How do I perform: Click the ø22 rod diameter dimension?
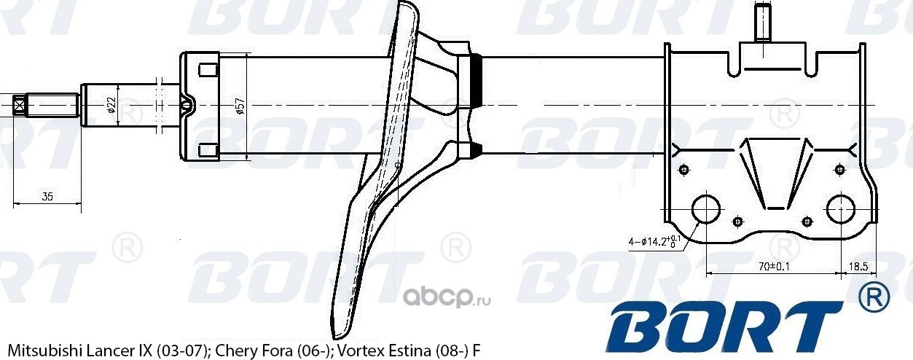coord(111,105)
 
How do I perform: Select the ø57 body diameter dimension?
coord(240,106)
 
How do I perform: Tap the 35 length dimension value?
coord(47,197)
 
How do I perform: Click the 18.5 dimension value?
coord(858,266)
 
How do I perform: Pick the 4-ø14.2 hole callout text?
coord(654,241)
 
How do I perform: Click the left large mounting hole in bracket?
coord(706,209)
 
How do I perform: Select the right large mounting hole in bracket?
coord(841,209)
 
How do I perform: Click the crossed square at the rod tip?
coord(19,106)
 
